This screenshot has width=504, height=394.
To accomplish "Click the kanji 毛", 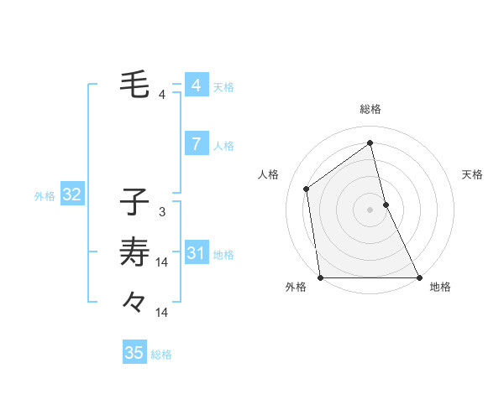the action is [x=135, y=84].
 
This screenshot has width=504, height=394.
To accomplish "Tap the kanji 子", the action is [x=135, y=202].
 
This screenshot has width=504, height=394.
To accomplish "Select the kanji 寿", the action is [x=135, y=251].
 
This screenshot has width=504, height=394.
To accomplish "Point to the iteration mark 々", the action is [x=134, y=300].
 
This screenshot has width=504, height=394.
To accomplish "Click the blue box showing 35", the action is [x=134, y=353].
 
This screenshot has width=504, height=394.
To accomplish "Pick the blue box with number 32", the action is [x=72, y=195].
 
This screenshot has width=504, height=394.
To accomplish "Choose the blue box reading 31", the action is [x=196, y=253].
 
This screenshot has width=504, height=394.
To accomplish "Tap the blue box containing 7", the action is [x=196, y=144].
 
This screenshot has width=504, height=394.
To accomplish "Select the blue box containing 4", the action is [x=196, y=86].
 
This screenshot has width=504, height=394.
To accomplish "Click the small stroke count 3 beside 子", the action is [x=162, y=212].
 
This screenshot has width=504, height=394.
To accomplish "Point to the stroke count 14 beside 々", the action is [x=162, y=312].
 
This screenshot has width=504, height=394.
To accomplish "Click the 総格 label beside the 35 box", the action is [x=161, y=355].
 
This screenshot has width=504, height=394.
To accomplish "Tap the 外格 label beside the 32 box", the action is [x=45, y=196].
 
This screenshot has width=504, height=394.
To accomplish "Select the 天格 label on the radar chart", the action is [x=472, y=174].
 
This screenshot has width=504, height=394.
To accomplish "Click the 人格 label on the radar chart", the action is [x=268, y=174].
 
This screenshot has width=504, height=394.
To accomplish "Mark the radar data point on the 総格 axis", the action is [x=370, y=143].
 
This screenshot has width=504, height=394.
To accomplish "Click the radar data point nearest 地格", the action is [x=418, y=277].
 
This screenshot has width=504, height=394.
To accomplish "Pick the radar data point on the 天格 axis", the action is [x=386, y=204].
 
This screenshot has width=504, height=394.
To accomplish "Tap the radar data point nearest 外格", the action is [x=321, y=277].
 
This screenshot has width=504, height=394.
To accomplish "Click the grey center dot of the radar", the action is [x=370, y=210].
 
